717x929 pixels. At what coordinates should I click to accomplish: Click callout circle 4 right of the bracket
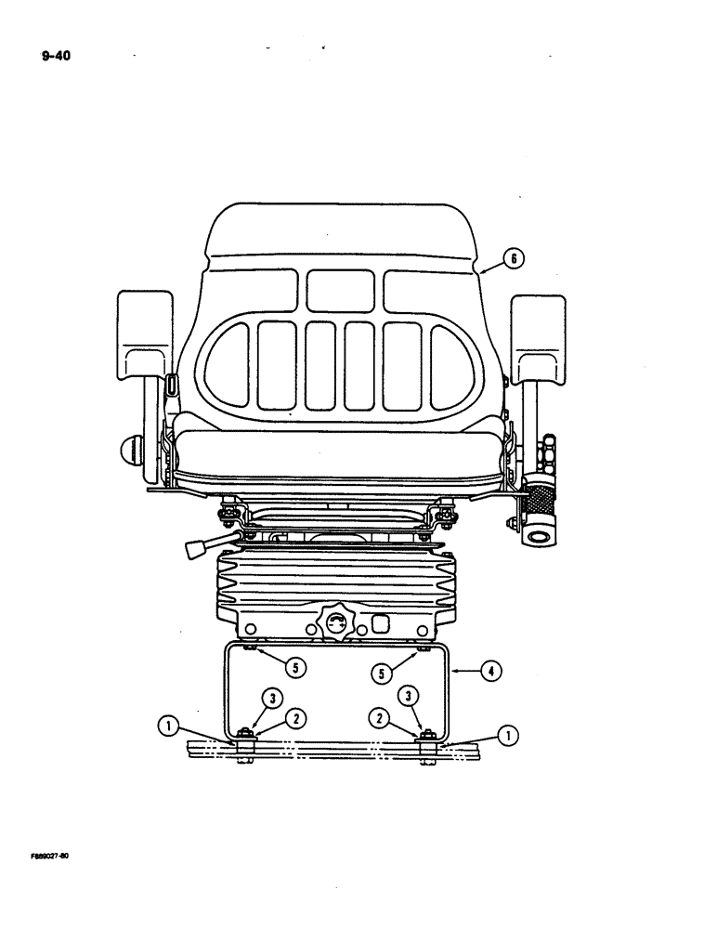click(x=488, y=668)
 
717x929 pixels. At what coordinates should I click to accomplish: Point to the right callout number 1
click(x=507, y=737)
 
